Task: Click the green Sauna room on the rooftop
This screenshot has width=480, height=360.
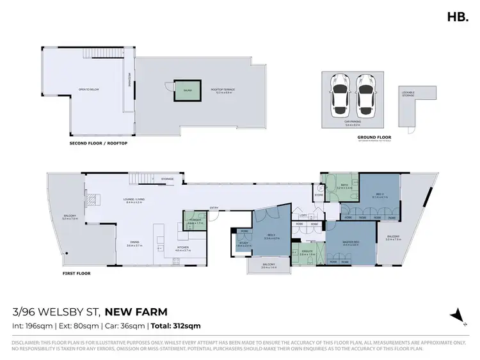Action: point(188,91)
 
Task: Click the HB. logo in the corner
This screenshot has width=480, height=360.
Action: point(457,17)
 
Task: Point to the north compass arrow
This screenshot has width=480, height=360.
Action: point(457,315)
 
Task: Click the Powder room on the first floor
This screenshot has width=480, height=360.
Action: point(195,221)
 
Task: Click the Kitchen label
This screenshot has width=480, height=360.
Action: point(183,248)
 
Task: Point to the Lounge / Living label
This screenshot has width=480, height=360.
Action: point(134,199)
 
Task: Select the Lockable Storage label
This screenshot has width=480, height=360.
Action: point(408,94)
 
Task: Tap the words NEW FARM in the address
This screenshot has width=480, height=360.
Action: point(136,312)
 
